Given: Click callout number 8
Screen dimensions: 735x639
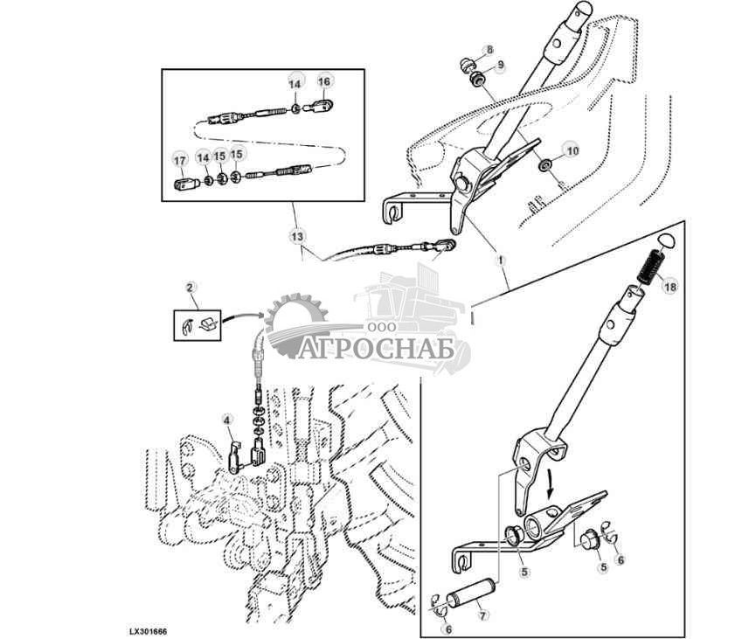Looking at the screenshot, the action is [489, 50].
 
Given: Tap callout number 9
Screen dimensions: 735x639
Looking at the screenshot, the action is [501, 66].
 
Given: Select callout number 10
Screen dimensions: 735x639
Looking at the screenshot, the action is [572, 151].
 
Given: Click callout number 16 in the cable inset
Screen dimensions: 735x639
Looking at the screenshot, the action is [324, 81].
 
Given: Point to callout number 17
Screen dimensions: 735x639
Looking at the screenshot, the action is [180, 161].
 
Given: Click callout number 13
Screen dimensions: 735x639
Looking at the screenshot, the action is [298, 236].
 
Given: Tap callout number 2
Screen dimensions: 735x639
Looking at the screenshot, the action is [190, 288].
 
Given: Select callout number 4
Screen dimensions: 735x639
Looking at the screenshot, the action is [227, 420].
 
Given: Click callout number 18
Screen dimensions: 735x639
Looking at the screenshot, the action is [670, 286].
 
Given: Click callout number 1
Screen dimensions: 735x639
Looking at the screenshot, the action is [501, 260].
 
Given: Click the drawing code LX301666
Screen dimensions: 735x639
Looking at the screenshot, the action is [148, 631].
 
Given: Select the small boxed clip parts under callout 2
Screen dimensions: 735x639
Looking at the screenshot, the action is [198, 325].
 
